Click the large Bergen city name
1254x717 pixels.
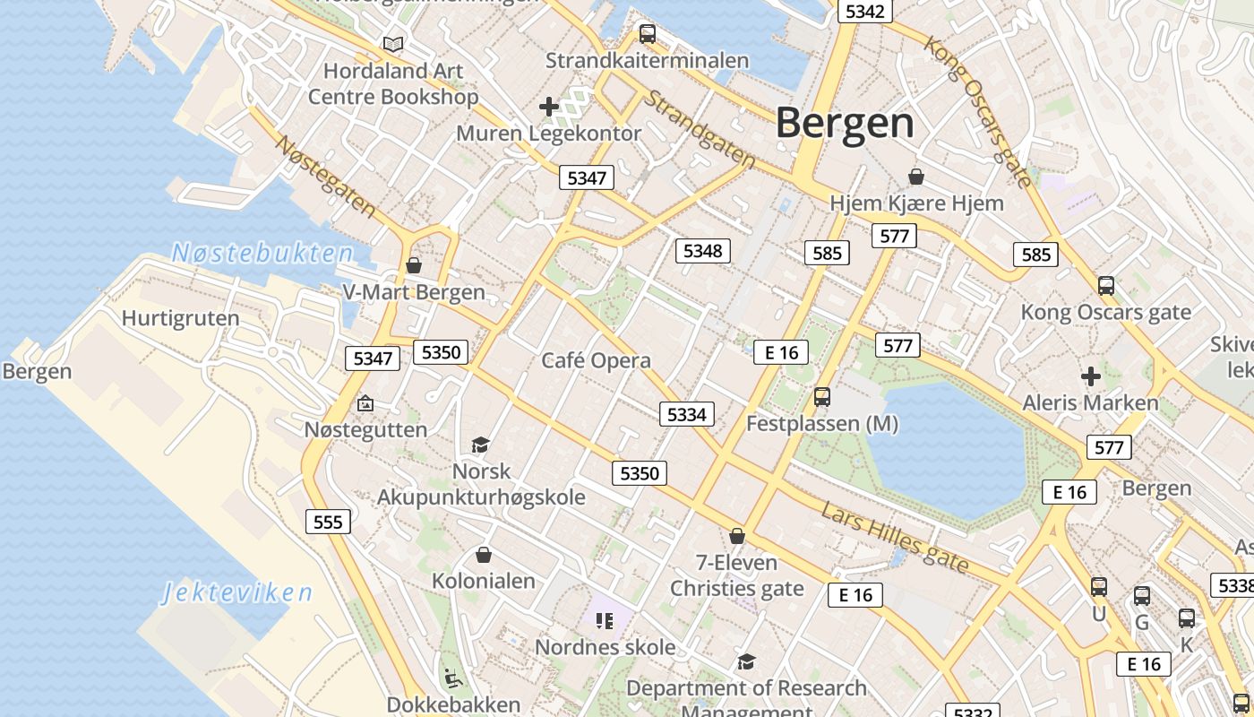tap(845, 123)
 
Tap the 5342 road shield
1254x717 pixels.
tap(864, 11)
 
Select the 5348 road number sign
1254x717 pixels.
tap(702, 251)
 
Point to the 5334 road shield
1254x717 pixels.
tap(687, 414)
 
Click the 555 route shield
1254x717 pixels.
tap(328, 522)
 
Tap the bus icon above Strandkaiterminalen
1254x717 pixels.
tap(647, 35)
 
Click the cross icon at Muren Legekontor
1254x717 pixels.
tap(548, 108)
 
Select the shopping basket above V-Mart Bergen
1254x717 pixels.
tap(414, 265)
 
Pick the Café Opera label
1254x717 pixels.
tap(596, 360)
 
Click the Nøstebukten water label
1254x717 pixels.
tap(262, 253)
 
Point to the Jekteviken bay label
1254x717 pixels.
tap(237, 592)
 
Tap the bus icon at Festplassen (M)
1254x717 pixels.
tap(822, 397)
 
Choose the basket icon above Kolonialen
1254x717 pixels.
tap(484, 555)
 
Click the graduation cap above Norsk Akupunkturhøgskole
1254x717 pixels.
tap(481, 445)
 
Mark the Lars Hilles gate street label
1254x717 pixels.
tap(895, 537)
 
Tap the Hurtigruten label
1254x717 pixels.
tap(180, 318)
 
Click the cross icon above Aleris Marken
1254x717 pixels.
tap(1090, 376)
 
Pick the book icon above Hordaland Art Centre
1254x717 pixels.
tap(392, 44)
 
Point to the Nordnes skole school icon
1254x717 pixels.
tap(605, 620)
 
